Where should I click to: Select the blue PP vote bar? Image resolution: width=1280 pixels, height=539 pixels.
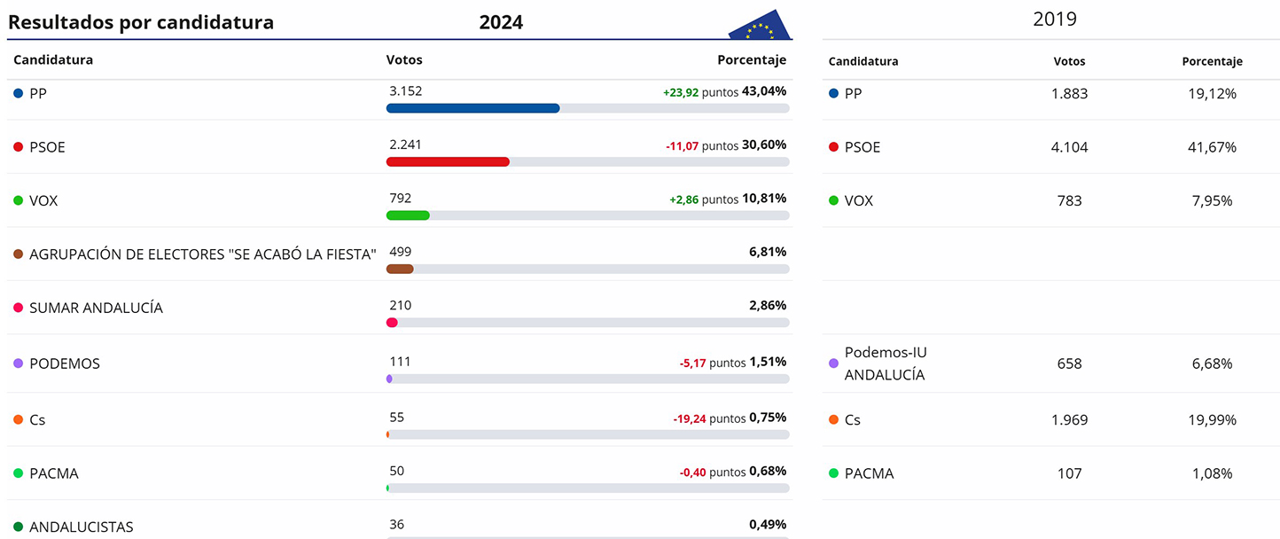(472, 108)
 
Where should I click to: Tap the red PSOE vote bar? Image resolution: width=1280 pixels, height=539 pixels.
(448, 162)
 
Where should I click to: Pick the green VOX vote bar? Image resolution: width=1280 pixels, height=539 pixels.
(408, 215)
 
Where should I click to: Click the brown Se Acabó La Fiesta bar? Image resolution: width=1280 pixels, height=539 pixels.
(400, 269)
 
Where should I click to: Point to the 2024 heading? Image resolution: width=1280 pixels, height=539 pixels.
(501, 23)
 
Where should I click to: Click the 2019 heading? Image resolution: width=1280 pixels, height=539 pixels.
(1054, 19)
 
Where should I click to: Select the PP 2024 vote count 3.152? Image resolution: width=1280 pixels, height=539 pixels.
(405, 90)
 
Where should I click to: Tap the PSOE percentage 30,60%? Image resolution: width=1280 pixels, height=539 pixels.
(765, 145)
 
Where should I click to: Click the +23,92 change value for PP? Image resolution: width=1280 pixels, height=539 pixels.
(681, 91)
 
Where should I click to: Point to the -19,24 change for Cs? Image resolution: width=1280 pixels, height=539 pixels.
(689, 418)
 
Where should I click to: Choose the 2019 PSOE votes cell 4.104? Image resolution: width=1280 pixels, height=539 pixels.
(1069, 147)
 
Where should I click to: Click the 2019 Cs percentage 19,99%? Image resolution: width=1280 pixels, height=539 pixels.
(1212, 419)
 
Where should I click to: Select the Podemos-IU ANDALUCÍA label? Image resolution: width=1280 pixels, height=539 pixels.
(885, 363)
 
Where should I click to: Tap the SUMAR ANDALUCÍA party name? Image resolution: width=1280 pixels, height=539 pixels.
(96, 308)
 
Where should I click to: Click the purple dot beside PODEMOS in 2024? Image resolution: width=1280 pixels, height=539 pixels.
(18, 363)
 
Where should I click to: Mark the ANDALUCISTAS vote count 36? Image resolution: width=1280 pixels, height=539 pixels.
(396, 525)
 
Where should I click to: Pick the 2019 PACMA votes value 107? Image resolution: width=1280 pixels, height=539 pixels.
(1069, 473)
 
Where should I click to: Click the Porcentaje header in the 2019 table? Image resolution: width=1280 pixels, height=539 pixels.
(1212, 61)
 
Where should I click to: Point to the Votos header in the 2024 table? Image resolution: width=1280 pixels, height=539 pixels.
(404, 60)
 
